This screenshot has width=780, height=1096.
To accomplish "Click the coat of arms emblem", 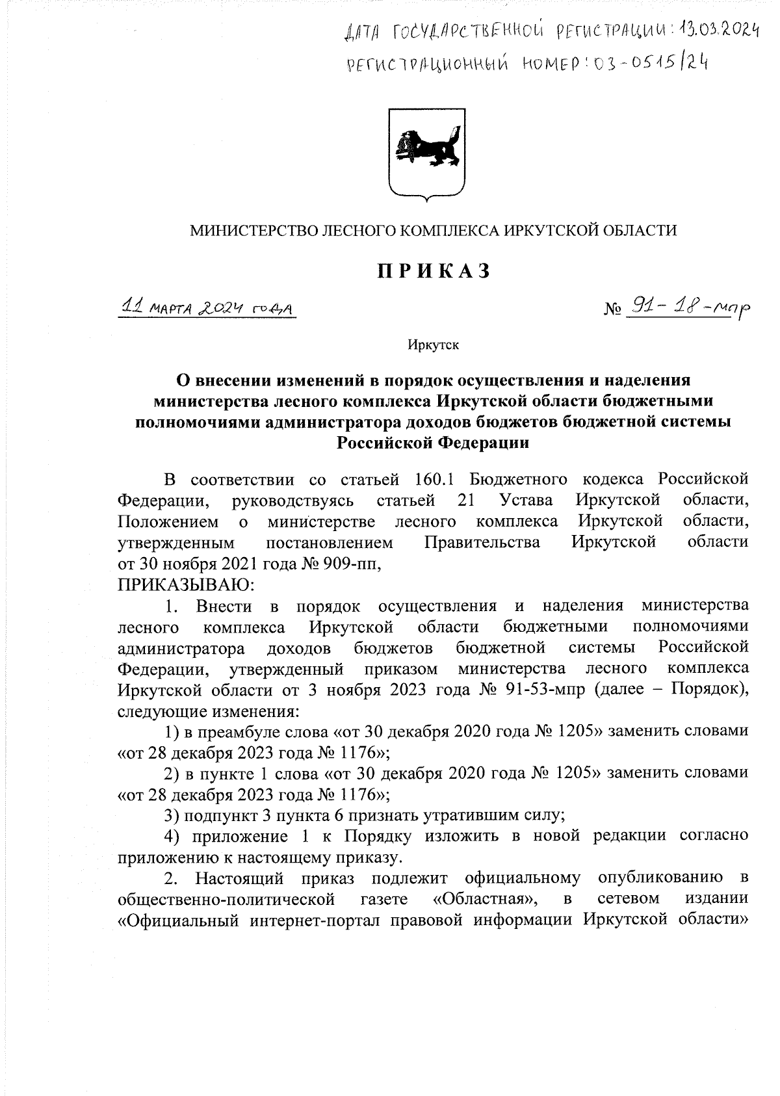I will coord(426,154).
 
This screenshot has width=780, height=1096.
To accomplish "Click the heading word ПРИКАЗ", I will coord(434,272).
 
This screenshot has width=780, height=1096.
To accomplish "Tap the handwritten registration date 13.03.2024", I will coord(719,29).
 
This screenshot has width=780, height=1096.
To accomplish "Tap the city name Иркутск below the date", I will coord(433,345).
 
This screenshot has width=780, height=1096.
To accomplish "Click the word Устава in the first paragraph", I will coord(527,501).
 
